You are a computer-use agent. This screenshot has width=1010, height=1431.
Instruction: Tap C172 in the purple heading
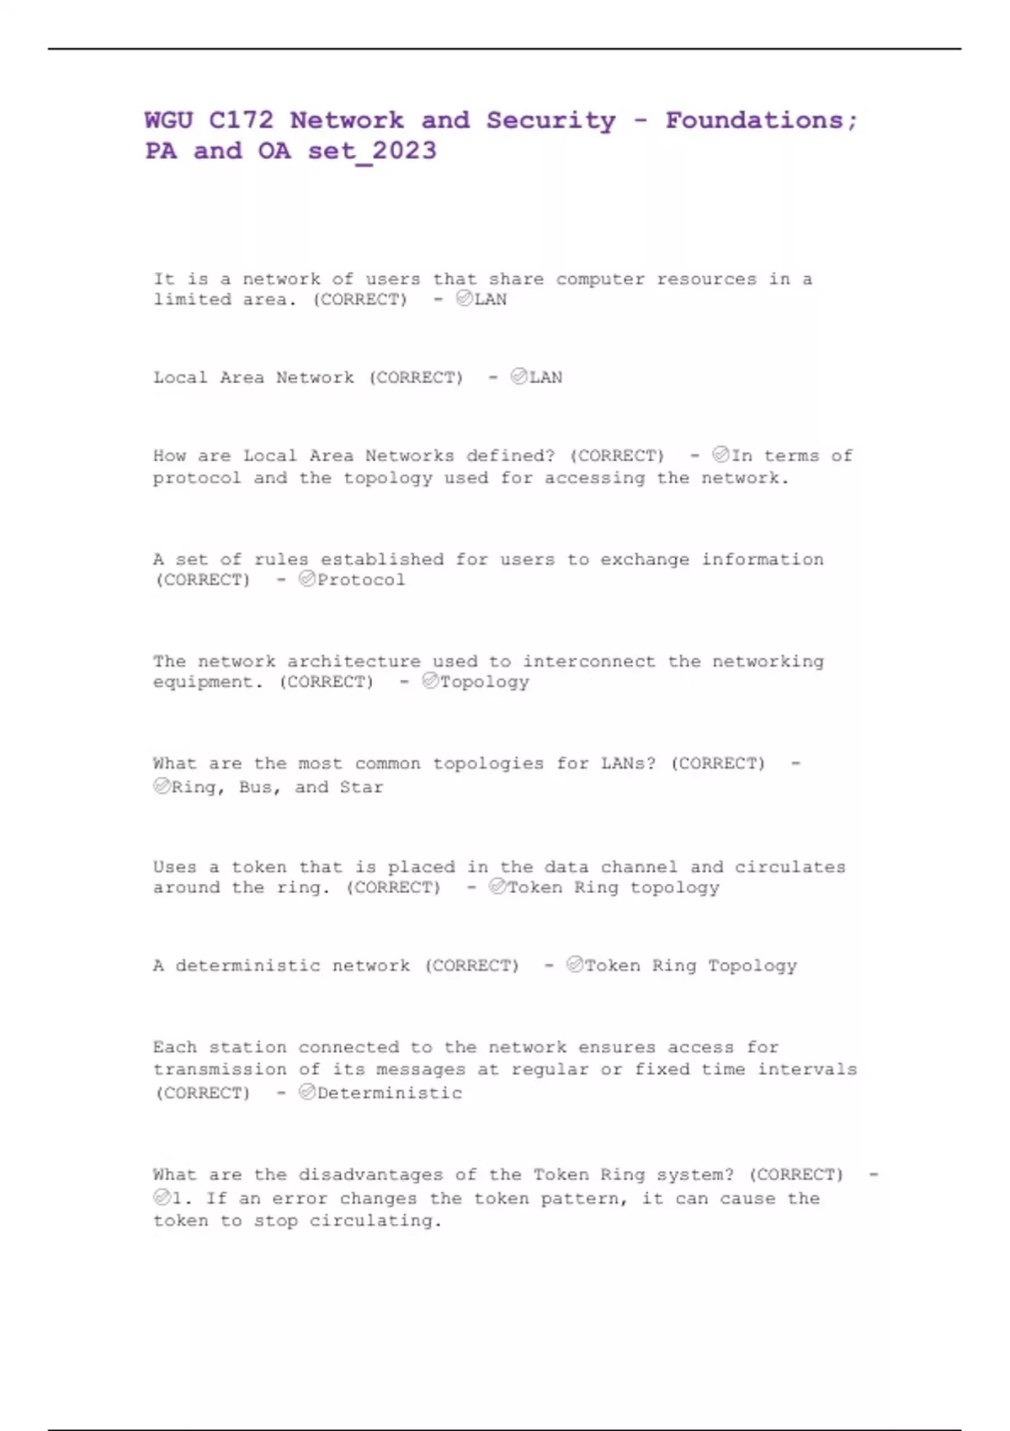241,120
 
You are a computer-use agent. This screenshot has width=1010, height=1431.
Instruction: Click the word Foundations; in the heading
761,120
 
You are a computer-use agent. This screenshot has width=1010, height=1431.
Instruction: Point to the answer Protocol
360,580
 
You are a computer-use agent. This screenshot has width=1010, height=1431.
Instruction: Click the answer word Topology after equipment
484,682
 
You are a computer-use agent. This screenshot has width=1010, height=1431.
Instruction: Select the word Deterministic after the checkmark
389,1093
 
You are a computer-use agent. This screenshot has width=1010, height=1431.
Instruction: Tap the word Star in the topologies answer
361,788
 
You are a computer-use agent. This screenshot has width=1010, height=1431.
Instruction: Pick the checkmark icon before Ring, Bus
162,786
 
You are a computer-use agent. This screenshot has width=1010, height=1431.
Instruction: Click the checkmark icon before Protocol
306,579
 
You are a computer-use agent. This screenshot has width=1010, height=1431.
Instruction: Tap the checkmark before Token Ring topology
497,886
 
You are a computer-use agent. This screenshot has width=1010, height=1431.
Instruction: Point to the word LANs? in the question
627,764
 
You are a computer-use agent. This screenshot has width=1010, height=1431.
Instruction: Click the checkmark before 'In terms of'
720,455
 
